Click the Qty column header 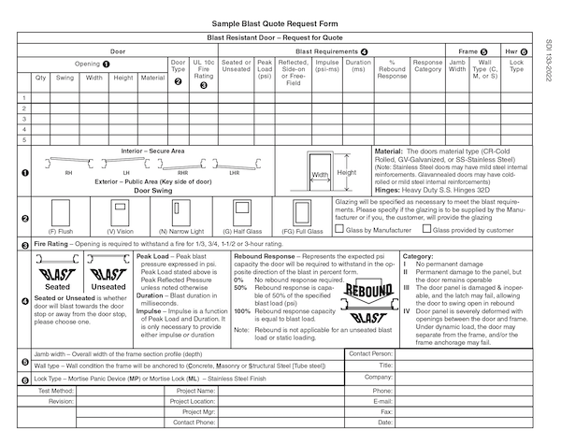tap(41, 78)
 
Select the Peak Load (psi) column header tap(264, 71)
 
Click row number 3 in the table tap(23, 118)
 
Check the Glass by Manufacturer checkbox tap(341, 229)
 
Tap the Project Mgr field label tap(198, 411)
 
